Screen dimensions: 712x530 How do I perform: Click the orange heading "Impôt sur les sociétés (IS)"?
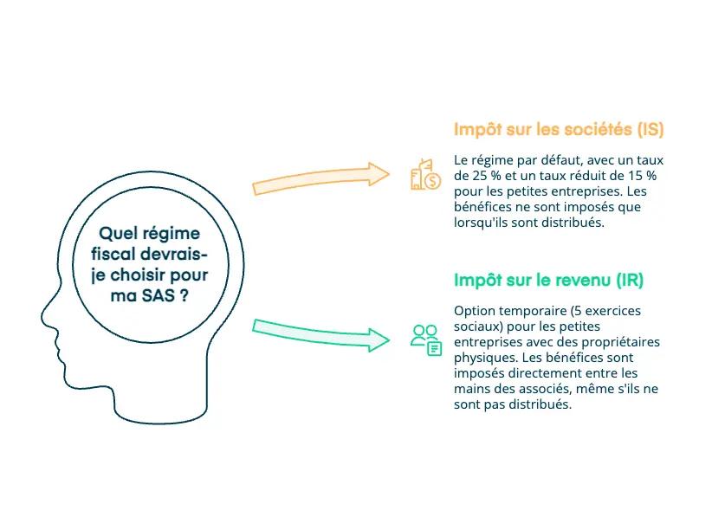[x=559, y=130]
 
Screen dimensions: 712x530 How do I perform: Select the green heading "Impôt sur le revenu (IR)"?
[x=548, y=281]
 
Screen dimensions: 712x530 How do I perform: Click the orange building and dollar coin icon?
[x=424, y=175]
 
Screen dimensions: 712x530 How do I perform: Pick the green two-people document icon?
[x=425, y=339]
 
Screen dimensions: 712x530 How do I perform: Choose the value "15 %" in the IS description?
[x=640, y=175]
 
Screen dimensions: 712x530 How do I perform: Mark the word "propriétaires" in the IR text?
[x=619, y=342]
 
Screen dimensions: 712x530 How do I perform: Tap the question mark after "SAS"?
[x=185, y=294]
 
